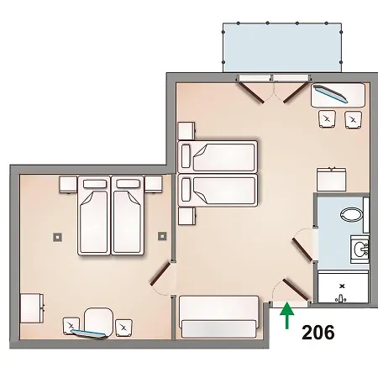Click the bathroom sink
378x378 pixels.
360,249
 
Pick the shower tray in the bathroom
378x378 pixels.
342,288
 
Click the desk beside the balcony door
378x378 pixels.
338,94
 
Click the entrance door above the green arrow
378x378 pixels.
293,290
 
